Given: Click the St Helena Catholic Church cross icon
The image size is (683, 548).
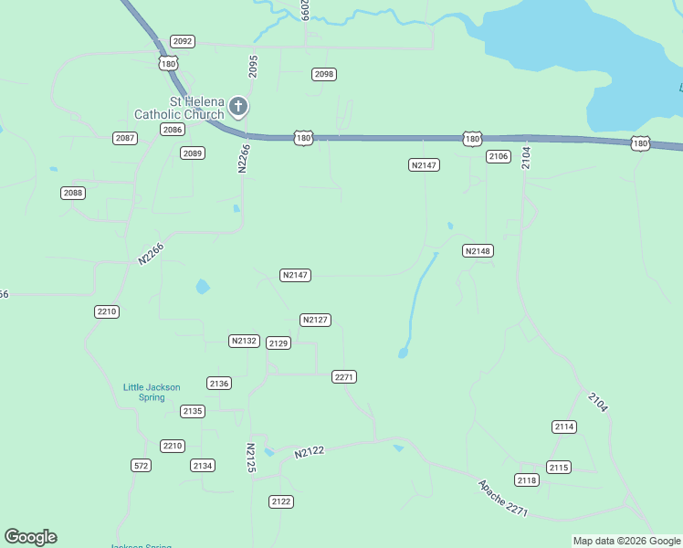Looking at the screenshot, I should (237, 107).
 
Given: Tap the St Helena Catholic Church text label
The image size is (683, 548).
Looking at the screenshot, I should (179, 108).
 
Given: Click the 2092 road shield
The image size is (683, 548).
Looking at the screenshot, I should (183, 41).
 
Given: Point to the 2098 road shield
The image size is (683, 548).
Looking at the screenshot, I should (324, 74).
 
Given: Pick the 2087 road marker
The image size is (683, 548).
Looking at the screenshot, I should (125, 138).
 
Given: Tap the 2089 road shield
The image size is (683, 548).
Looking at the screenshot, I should (192, 153).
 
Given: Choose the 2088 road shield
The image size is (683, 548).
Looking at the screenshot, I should (73, 193).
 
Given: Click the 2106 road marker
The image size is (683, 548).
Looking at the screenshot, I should (498, 156).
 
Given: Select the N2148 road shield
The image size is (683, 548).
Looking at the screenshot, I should (478, 250).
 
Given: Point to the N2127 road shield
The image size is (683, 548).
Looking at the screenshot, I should (315, 320).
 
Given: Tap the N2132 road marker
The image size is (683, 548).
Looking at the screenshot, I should (244, 341).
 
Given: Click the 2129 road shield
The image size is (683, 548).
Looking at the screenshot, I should (278, 342).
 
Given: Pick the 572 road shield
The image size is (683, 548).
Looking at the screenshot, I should (141, 465).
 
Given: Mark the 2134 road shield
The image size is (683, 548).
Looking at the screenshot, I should (203, 466).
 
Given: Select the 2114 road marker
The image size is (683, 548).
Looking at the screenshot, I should (564, 427).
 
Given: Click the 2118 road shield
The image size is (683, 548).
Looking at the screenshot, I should (527, 479).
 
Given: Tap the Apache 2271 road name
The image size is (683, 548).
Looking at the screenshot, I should (502, 498).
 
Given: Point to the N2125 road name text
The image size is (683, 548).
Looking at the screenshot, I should (251, 458).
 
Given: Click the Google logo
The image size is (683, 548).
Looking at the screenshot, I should (30, 537).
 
